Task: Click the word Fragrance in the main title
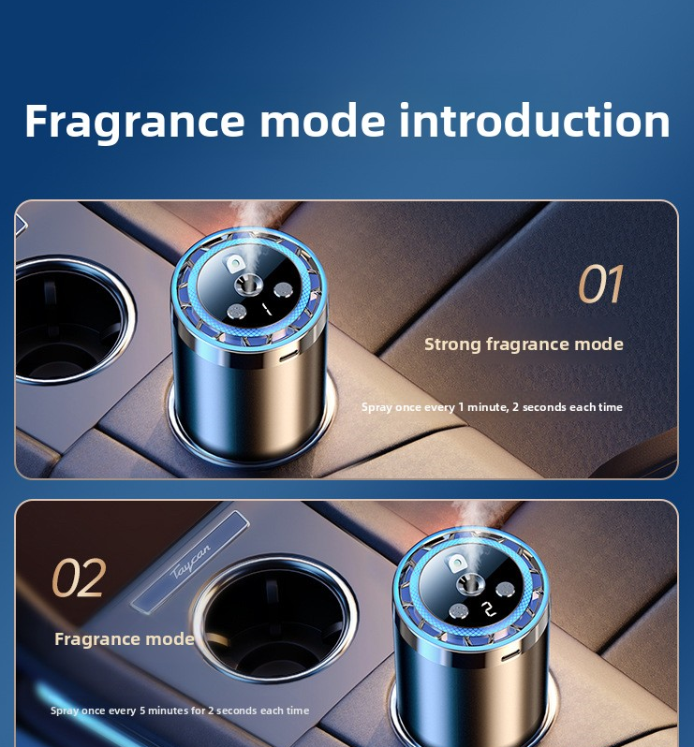click(135, 122)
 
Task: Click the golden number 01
click(600, 284)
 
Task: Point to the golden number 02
click(79, 578)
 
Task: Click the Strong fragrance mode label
click(524, 344)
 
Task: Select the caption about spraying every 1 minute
click(492, 407)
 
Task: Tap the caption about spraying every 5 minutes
click(180, 710)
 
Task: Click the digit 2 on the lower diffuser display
click(488, 608)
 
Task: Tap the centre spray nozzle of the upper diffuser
click(248, 286)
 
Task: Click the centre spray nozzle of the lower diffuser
click(470, 584)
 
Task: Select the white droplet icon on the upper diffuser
click(234, 263)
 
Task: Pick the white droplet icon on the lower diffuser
click(457, 564)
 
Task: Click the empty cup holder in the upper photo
click(71, 320)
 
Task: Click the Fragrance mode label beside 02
click(125, 638)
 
